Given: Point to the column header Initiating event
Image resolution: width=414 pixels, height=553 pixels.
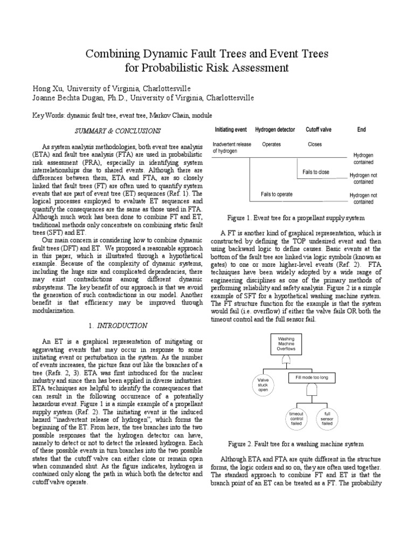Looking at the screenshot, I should point(231,130).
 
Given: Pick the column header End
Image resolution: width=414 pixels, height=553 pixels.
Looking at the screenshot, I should point(362,130).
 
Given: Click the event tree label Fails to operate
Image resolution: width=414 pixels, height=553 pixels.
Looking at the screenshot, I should point(277,194).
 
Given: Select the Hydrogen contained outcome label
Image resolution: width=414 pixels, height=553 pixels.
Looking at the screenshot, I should point(363,158).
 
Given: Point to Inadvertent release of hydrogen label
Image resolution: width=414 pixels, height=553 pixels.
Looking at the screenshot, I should point(232,148).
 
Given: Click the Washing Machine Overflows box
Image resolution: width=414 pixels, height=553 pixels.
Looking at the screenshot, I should point(286,343).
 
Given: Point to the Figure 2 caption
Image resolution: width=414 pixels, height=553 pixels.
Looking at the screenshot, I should point(296,444).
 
